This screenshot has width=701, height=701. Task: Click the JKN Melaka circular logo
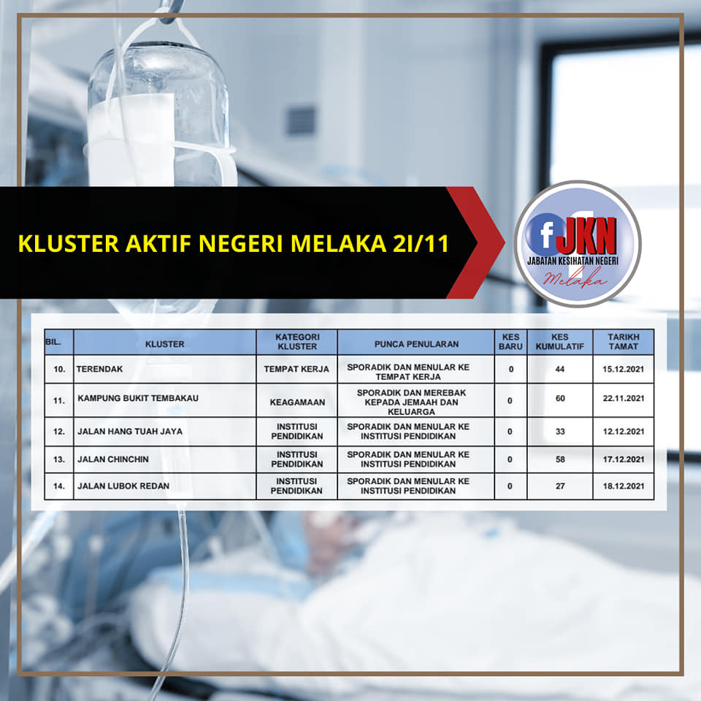pyautogui.click(x=578, y=244)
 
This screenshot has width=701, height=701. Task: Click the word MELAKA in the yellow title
pyautogui.click(x=338, y=244)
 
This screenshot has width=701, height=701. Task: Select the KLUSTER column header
pyautogui.click(x=164, y=344)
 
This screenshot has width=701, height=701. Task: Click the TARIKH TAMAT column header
pyautogui.click(x=623, y=342)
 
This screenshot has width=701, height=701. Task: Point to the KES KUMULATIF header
pyautogui.click(x=560, y=342)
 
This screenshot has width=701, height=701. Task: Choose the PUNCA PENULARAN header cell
pyautogui.click(x=416, y=344)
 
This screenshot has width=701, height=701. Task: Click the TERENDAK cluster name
pyautogui.click(x=99, y=369)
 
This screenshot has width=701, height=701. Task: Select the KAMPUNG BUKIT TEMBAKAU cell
pyautogui.click(x=138, y=398)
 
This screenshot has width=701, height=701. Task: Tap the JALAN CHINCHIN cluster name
pyautogui.click(x=113, y=459)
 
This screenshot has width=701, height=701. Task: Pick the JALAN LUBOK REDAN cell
pyautogui.click(x=123, y=486)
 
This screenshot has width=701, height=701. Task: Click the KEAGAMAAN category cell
pyautogui.click(x=297, y=402)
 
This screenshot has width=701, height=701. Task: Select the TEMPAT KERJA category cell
pyautogui.click(x=296, y=369)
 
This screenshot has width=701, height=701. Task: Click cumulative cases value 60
pyautogui.click(x=560, y=399)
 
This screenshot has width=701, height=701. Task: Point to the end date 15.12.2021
pyautogui.click(x=623, y=369)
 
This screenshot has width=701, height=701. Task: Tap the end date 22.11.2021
pyautogui.click(x=623, y=398)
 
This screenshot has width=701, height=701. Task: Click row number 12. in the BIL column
pyautogui.click(x=59, y=432)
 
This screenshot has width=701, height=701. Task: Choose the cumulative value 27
pyautogui.click(x=560, y=486)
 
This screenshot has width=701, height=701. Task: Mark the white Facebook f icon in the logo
pyautogui.click(x=547, y=234)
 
